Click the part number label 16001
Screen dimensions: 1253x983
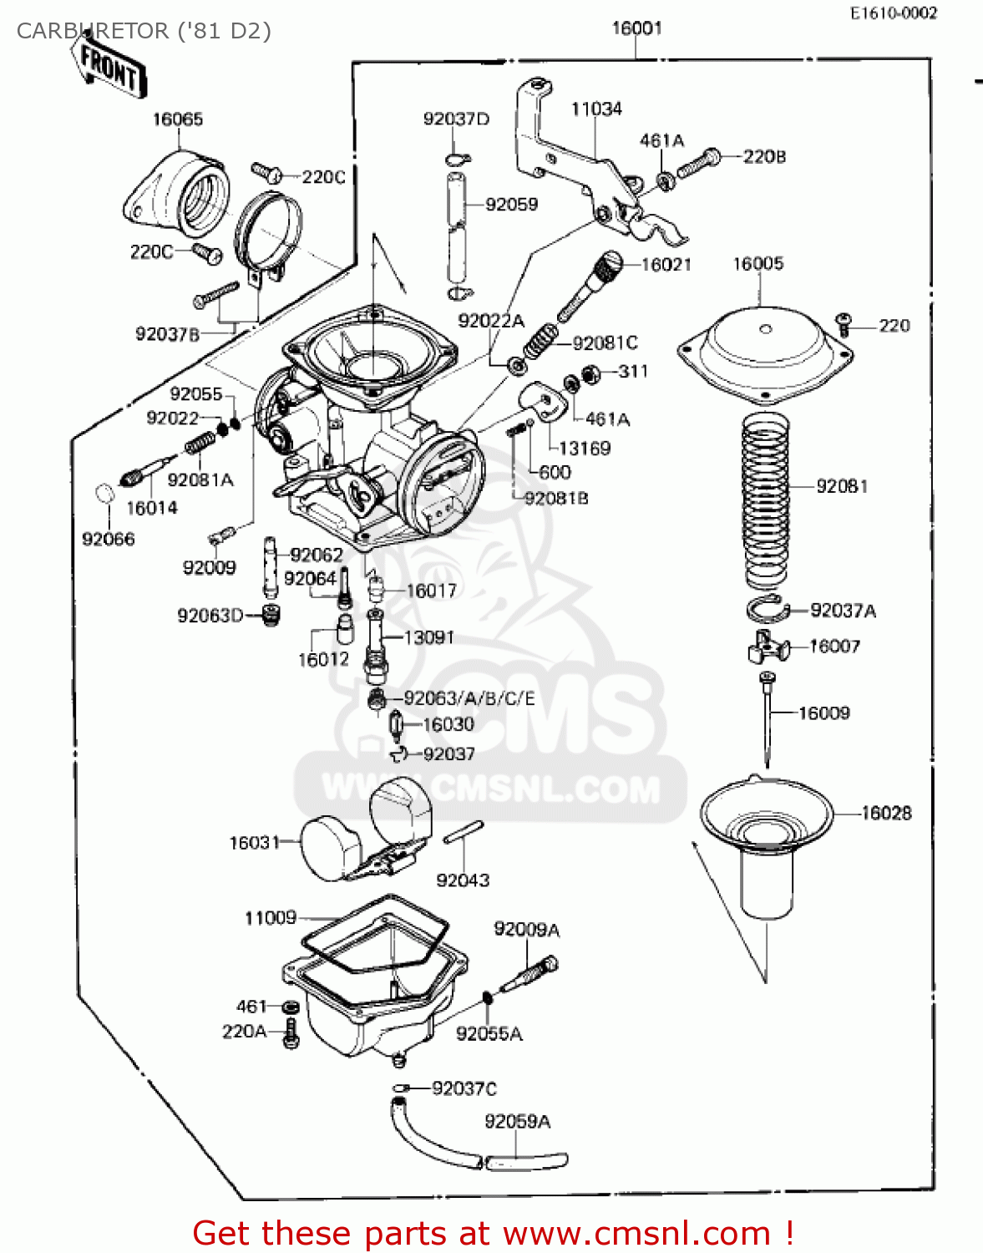pyautogui.click(x=636, y=28)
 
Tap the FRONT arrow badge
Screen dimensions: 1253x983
pyautogui.click(x=109, y=68)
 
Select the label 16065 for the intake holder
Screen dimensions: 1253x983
pyautogui.click(x=177, y=119)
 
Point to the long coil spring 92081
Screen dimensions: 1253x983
pyautogui.click(x=766, y=501)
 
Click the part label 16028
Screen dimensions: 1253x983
pyautogui.click(x=886, y=813)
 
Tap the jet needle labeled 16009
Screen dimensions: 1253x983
pyautogui.click(x=766, y=718)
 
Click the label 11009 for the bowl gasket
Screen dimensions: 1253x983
pyautogui.click(x=270, y=918)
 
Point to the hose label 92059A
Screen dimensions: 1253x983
pyautogui.click(x=517, y=1122)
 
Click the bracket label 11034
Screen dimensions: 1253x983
pyautogui.click(x=596, y=109)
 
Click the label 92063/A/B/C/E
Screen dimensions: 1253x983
pyautogui.click(x=469, y=698)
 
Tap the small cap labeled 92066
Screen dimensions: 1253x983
pyautogui.click(x=103, y=494)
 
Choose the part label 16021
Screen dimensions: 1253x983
pyautogui.click(x=666, y=265)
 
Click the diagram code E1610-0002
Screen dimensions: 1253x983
pyautogui.click(x=893, y=13)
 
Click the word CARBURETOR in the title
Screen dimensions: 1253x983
pyautogui.click(x=92, y=31)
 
